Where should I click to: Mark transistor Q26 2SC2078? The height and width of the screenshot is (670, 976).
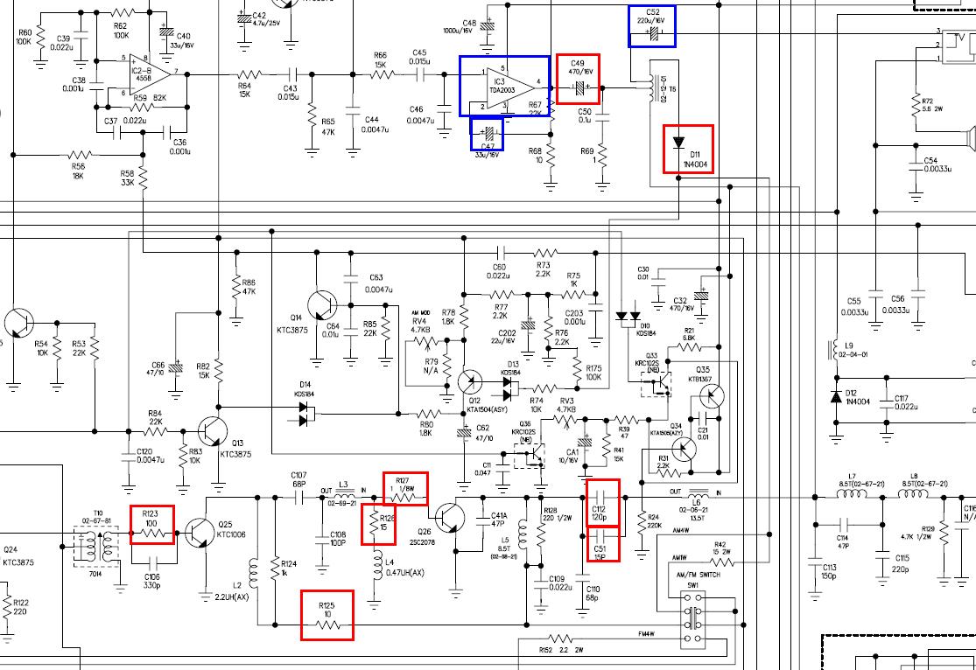tap(449, 518)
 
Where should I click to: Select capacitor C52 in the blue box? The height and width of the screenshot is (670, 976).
tap(651, 33)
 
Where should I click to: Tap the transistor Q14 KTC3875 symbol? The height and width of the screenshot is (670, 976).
tap(324, 305)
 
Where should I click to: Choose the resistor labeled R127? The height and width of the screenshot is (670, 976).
tap(406, 496)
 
